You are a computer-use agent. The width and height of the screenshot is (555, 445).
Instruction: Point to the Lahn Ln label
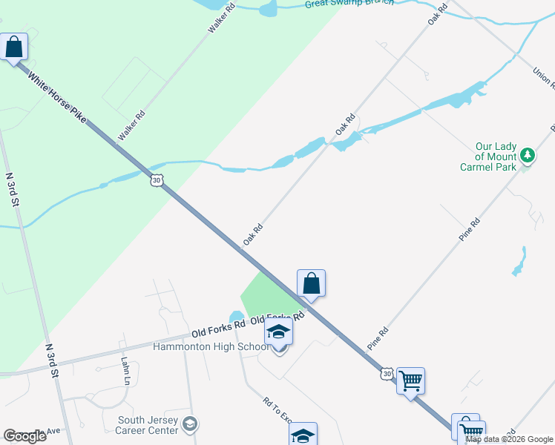[125, 369]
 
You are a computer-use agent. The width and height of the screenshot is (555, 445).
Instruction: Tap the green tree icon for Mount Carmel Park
[528, 156]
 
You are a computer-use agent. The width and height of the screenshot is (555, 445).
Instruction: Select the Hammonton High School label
[211, 347]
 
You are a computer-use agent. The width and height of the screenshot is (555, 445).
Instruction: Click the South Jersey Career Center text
[148, 425]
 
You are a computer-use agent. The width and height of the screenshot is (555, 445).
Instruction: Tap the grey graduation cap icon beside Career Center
[190, 424]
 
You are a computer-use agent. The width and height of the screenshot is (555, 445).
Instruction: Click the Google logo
[24, 436]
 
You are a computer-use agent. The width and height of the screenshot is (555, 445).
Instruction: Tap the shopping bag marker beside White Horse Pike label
[14, 47]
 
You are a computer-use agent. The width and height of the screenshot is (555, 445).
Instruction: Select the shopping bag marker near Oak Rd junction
[312, 283]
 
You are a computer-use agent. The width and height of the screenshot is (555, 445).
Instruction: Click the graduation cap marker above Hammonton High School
[279, 332]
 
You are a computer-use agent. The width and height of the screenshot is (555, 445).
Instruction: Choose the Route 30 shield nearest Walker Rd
[155, 179]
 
